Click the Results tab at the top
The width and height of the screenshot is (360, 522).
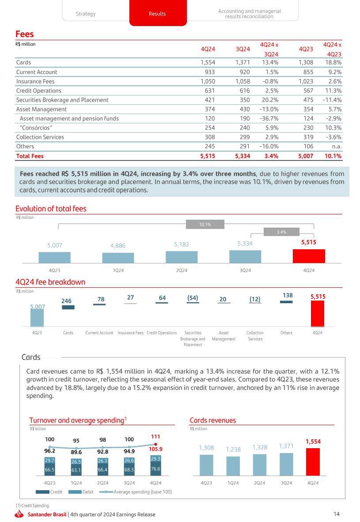157,14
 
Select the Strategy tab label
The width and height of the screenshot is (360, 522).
85,14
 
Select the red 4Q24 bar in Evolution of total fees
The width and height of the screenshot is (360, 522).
309,256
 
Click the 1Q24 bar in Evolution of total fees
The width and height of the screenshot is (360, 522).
118,258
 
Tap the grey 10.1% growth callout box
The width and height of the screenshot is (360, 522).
205,225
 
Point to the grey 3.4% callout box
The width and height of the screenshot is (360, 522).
281,232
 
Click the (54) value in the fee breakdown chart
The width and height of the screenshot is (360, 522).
193,299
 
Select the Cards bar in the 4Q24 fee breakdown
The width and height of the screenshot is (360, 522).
68,307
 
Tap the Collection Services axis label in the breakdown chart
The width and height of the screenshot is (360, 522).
255,335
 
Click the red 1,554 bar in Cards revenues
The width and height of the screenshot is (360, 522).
313,461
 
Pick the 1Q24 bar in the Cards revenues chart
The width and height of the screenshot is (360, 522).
233,463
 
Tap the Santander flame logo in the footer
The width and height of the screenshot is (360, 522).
19,514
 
